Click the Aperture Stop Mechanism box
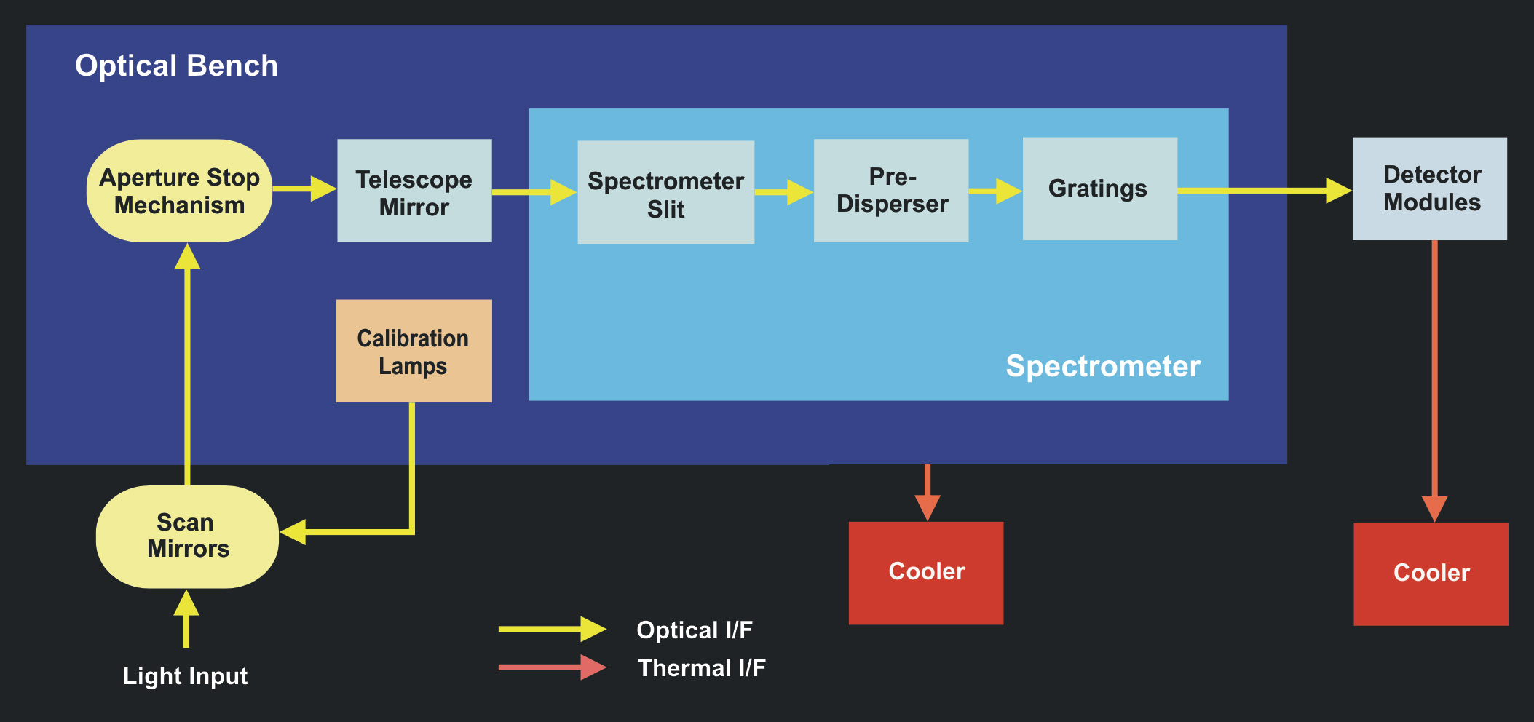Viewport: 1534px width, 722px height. [179, 191]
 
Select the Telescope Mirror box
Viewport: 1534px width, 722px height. [414, 191]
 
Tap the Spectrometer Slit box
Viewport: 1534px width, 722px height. [665, 192]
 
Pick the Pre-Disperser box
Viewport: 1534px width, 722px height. [891, 191]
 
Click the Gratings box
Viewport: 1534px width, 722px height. [1099, 189]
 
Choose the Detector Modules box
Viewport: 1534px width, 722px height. [1429, 189]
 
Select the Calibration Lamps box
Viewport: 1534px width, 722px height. [414, 351]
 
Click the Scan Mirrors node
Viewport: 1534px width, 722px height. [187, 536]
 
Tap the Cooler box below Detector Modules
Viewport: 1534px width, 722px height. [1431, 574]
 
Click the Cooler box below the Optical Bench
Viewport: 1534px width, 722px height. [926, 573]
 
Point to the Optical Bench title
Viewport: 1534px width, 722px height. [176, 66]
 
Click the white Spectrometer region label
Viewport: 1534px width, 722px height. [1102, 366]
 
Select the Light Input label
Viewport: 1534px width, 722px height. [185, 676]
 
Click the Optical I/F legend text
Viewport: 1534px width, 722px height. [695, 630]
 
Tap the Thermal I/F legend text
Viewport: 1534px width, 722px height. [701, 668]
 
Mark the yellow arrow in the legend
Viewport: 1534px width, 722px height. [552, 630]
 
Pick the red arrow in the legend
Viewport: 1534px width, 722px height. [552, 667]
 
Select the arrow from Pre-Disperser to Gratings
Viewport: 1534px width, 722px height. [995, 191]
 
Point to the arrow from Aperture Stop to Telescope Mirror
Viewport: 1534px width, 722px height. [304, 189]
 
